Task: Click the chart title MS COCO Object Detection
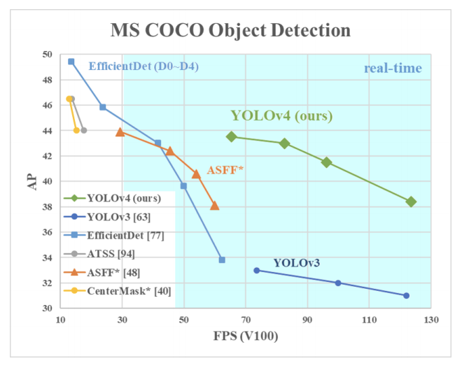[230, 30]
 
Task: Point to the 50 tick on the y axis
[46, 55]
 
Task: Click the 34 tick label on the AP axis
[46, 258]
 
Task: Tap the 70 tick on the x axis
[245, 320]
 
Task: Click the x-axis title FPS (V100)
[246, 337]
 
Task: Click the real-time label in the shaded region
[393, 68]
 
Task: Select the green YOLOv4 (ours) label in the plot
[281, 116]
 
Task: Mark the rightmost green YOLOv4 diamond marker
[411, 201]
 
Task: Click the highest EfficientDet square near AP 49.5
[71, 62]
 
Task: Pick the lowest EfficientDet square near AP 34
[222, 260]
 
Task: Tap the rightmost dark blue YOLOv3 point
[406, 295]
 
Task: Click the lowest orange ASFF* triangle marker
[214, 206]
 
